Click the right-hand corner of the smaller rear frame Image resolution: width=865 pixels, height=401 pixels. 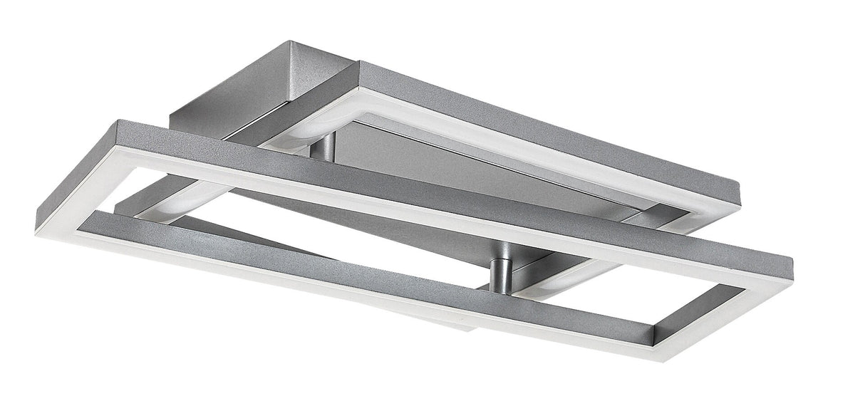pos(741,191)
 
